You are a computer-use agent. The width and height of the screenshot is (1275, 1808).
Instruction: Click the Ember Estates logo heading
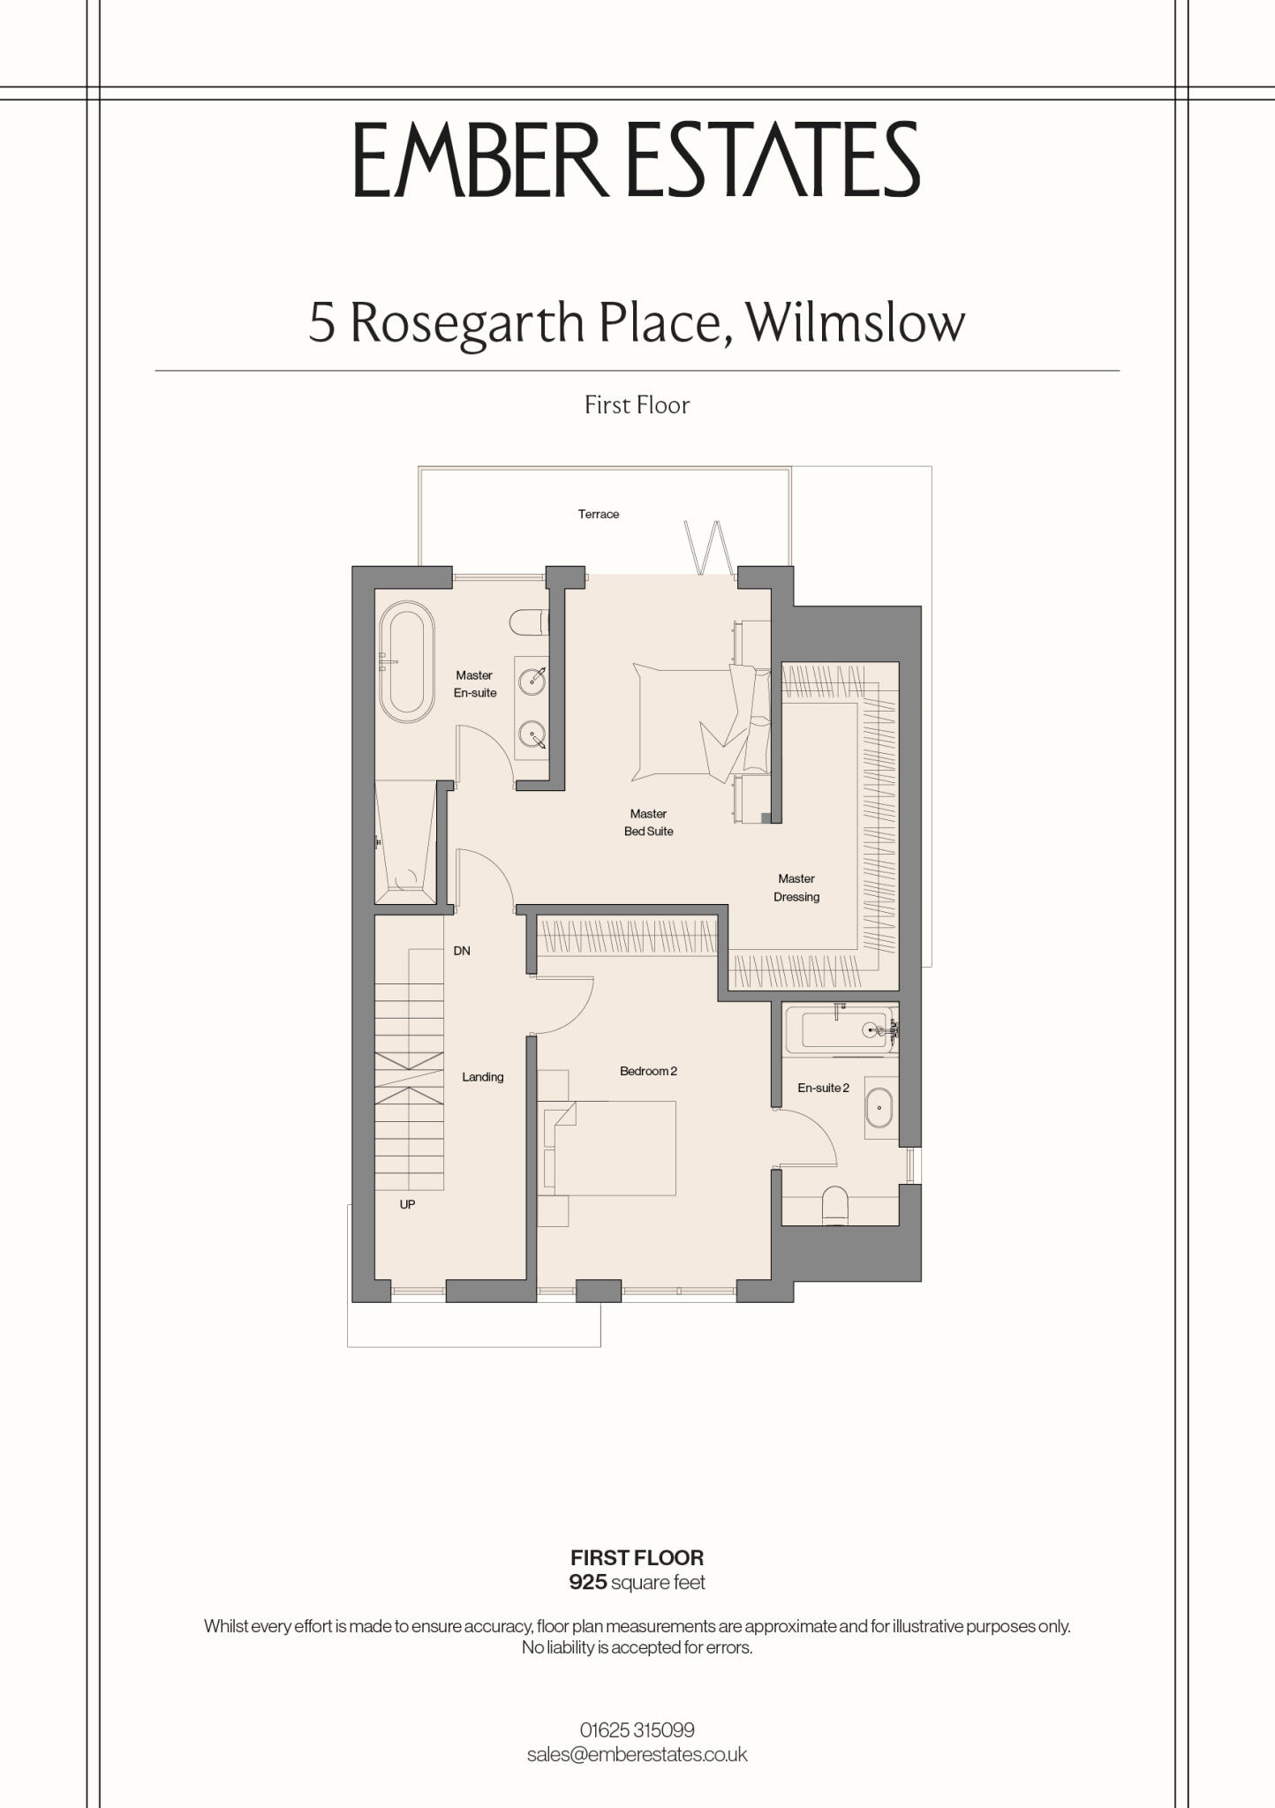[637, 160]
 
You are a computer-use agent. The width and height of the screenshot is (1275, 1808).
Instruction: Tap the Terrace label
[599, 514]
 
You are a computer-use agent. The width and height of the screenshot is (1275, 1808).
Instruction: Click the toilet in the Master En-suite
[530, 622]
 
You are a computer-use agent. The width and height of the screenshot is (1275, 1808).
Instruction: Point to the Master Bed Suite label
[648, 822]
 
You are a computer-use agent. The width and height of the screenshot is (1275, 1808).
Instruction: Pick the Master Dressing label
[796, 887]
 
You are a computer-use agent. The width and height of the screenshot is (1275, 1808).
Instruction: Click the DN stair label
[462, 951]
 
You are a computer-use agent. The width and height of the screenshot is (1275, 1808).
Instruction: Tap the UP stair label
[407, 1204]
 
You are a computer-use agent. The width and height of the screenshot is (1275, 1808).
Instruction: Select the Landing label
[483, 1077]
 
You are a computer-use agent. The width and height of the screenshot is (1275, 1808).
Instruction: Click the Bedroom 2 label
[648, 1071]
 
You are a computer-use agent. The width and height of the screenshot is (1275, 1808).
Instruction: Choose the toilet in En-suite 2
[835, 1205]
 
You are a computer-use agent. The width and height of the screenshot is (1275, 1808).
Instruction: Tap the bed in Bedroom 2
[610, 1148]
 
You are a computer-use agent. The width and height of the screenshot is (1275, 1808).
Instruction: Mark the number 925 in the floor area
[588, 1582]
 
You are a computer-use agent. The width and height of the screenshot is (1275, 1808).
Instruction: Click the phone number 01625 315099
[637, 1729]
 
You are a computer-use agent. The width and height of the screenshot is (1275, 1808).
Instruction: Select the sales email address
[637, 1754]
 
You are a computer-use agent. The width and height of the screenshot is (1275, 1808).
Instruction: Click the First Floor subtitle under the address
[637, 404]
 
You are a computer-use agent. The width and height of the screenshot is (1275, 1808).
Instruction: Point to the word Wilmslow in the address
[856, 322]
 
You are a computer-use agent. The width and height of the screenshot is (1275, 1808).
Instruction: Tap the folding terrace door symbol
[708, 547]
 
